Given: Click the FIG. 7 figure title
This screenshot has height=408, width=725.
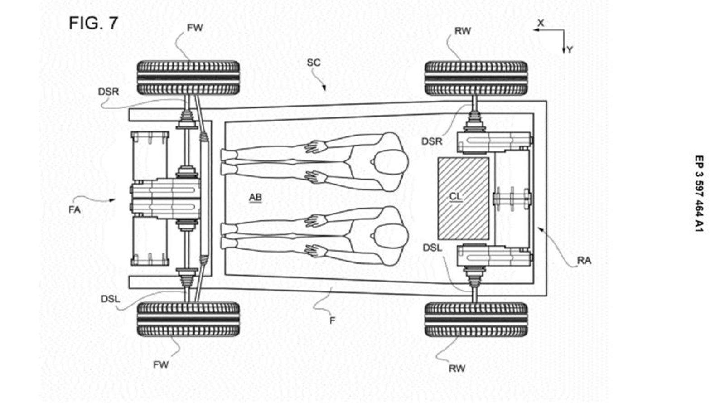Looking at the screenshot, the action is point(93,23).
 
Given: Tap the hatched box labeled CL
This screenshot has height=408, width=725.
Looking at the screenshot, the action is point(463,199).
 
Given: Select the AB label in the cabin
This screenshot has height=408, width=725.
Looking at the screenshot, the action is point(256,197).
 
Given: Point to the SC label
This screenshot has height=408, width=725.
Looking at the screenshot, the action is point(314,63).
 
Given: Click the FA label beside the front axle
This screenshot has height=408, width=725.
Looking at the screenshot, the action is point(74,210).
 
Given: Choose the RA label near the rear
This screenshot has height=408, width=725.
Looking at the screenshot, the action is point(584,261).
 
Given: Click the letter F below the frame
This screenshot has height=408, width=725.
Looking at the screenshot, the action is point(333,321).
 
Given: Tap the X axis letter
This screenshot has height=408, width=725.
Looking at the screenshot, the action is point(541,23).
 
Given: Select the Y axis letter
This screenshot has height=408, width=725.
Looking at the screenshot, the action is point(570,49).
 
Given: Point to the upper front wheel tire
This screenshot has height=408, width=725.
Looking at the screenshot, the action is point(188,78).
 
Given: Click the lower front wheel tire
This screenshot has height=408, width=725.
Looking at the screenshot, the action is point(188,320).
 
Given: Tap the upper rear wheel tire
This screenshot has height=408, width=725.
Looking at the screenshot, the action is point(476,78).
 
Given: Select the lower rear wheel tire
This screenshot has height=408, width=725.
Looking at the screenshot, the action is point(476,320).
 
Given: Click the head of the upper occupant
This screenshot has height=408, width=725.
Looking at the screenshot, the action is point(391,161).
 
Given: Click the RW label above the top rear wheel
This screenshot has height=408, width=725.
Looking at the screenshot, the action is point(463,31).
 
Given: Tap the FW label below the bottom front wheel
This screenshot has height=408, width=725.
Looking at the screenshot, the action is point(161,365).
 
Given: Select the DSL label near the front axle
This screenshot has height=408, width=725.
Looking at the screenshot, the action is point(111,299).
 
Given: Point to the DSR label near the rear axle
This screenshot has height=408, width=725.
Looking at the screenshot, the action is point(432,141).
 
